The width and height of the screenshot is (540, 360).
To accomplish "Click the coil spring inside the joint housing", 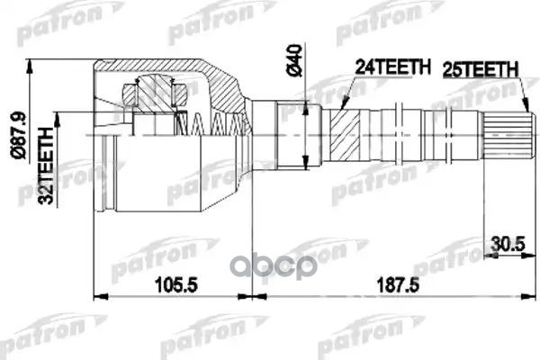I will pos(216,121).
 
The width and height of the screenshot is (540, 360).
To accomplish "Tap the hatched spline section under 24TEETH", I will pos(344,135).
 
